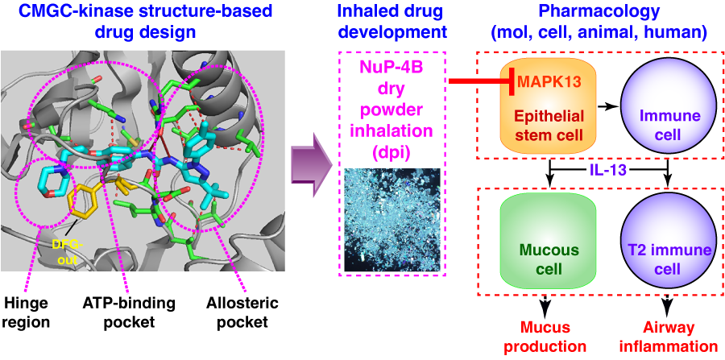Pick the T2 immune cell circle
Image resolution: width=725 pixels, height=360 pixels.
click(669, 250)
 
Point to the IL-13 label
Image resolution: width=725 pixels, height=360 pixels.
click(608, 171)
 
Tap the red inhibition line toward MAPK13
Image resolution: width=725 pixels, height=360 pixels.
click(480, 81)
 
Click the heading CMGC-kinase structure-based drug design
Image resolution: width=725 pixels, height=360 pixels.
click(141, 23)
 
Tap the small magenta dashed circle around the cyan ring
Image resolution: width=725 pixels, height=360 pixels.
click(43, 192)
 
